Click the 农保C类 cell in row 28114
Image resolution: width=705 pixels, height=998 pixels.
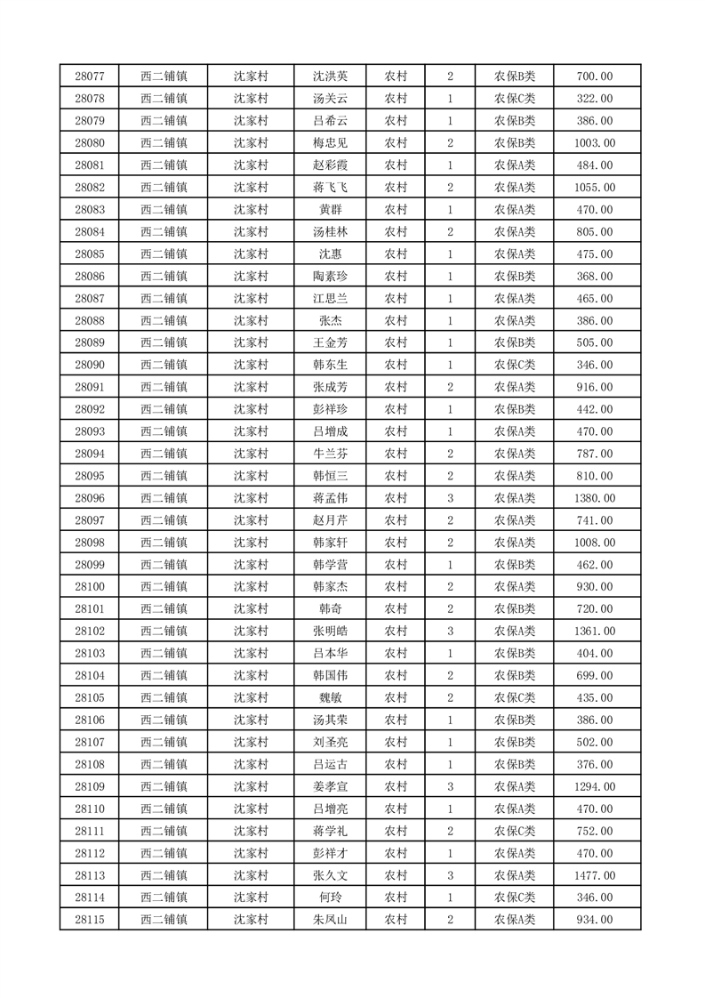point(514,897)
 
